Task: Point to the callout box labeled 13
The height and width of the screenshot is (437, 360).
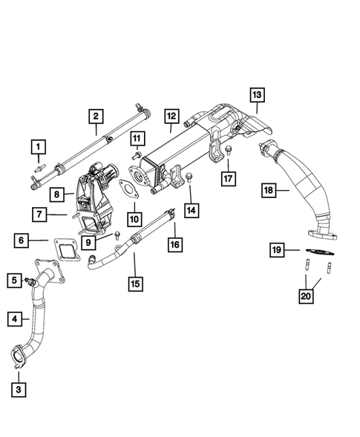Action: [256, 96]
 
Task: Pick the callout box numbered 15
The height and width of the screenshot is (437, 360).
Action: [134, 282]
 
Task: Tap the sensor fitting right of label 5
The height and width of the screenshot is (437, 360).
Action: [30, 281]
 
